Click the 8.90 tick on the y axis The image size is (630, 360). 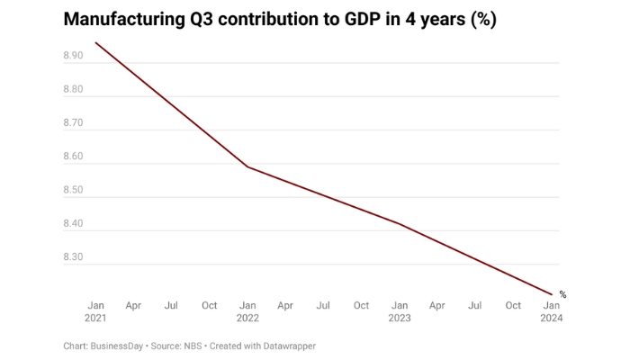pyautogui.click(x=73, y=56)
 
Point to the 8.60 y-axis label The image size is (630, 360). pyautogui.click(x=73, y=157)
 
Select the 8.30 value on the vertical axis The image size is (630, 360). pyautogui.click(x=73, y=257)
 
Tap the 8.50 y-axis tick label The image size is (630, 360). pyautogui.click(x=73, y=190)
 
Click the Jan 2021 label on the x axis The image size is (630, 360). pyautogui.click(x=95, y=311)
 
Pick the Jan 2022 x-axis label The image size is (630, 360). pyautogui.click(x=247, y=311)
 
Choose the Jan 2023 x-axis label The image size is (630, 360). pyautogui.click(x=400, y=311)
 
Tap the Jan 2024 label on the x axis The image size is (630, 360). pyautogui.click(x=551, y=311)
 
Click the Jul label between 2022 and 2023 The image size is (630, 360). pyautogui.click(x=323, y=306)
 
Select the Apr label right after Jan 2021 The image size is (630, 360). pyautogui.click(x=133, y=306)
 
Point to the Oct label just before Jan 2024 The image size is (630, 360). pyautogui.click(x=513, y=306)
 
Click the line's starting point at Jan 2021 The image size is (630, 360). pyautogui.click(x=95, y=42)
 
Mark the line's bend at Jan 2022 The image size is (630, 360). pyautogui.click(x=247, y=166)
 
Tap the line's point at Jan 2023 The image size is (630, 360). pyautogui.click(x=400, y=224)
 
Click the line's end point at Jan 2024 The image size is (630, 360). pyautogui.click(x=551, y=293)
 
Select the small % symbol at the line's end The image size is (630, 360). pyautogui.click(x=562, y=294)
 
